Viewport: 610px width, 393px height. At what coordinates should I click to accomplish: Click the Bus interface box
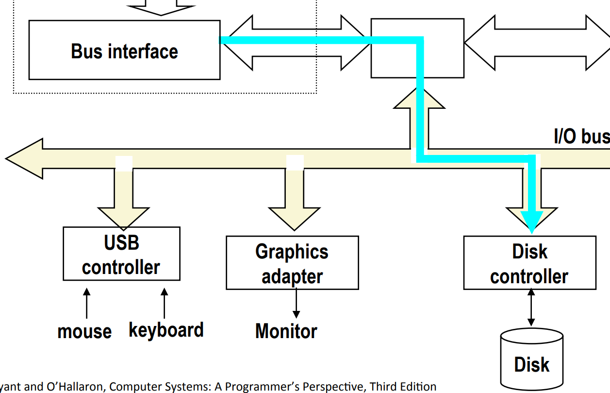(124, 50)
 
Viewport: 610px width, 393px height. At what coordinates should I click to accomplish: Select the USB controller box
(121, 254)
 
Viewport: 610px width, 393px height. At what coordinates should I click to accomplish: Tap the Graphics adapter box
(292, 263)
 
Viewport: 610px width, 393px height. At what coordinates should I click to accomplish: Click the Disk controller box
(529, 263)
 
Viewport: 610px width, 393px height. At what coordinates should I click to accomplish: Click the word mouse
(84, 331)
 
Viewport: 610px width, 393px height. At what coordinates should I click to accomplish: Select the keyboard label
(166, 330)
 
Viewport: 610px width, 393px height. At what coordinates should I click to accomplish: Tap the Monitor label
(286, 331)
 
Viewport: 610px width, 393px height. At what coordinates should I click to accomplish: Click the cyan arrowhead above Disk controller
(531, 221)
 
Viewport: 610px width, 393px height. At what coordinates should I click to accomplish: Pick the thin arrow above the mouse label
(87, 304)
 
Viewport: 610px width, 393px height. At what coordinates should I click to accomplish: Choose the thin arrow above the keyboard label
(165, 304)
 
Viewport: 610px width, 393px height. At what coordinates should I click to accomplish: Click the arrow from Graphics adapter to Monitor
(296, 304)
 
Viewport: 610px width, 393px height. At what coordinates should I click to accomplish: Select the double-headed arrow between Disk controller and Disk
(531, 308)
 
